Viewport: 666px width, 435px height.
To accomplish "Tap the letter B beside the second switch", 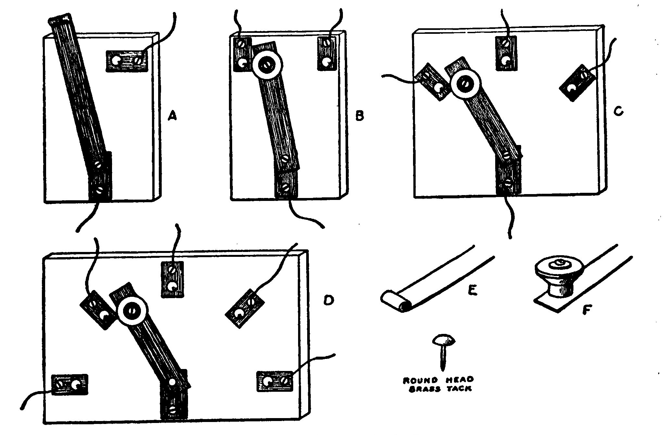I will point(359,116).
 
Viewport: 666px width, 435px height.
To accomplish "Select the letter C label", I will point(619,111).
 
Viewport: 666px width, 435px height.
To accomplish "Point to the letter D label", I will point(329,300).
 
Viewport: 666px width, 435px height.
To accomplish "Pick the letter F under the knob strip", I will point(586,311).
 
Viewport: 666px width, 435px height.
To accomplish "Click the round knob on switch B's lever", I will point(265,65).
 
